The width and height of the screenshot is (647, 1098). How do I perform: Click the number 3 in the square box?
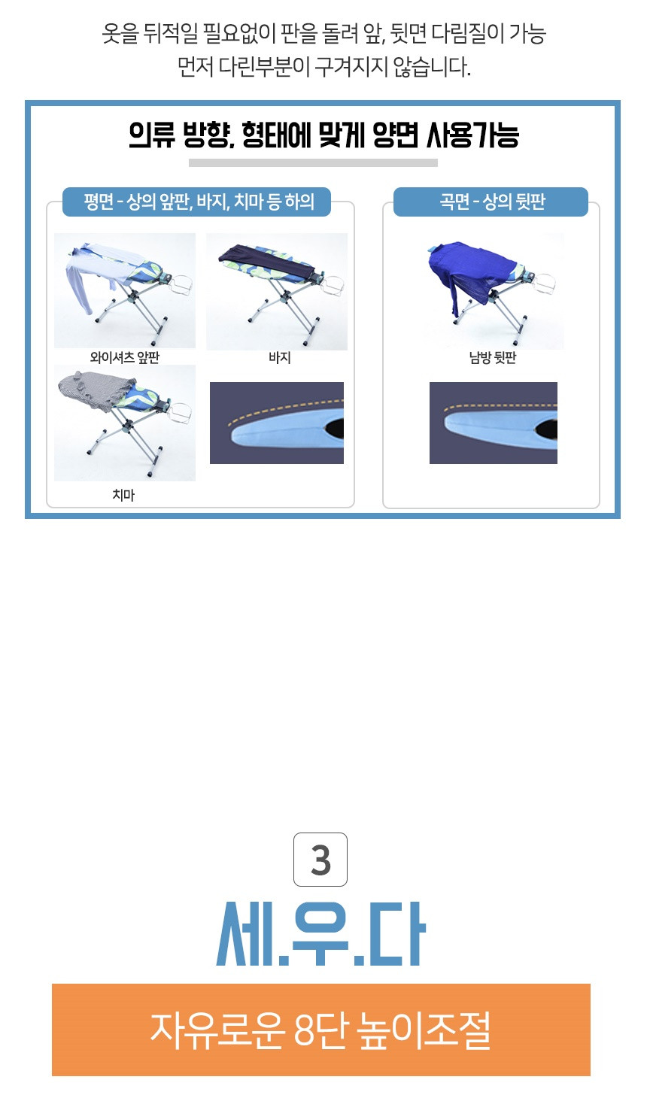[320, 860]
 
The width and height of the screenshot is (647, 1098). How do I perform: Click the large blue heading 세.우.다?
[320, 934]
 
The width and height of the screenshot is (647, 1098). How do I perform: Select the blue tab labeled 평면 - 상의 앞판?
[196, 202]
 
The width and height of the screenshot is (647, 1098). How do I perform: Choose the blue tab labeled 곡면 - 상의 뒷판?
[491, 202]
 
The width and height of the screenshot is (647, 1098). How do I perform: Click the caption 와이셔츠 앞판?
[125, 357]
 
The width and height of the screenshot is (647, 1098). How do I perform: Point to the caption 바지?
[280, 357]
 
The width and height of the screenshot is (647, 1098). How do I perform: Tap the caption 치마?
[123, 495]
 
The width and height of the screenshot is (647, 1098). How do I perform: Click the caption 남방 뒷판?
[493, 357]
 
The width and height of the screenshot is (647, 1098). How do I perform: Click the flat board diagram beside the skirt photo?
[277, 423]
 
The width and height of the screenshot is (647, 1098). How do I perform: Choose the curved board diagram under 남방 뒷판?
[494, 423]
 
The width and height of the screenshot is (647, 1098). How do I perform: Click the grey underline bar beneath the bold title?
[313, 162]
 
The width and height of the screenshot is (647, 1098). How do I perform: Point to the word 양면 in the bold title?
[396, 135]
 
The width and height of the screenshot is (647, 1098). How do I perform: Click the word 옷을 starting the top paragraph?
[120, 33]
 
